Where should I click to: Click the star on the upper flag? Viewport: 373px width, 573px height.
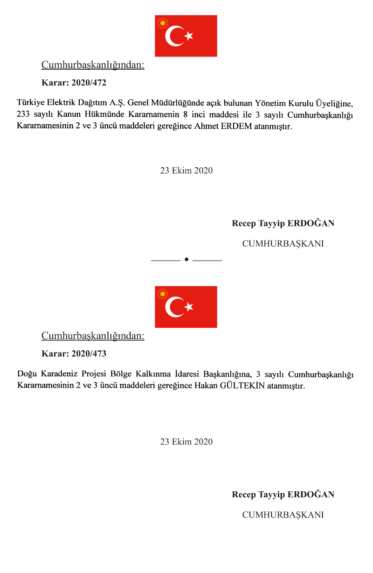click(189, 36)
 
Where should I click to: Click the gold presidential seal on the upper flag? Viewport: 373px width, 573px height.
click(163, 23)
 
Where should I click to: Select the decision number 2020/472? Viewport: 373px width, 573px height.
click(89, 83)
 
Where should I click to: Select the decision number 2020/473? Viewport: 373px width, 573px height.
click(89, 354)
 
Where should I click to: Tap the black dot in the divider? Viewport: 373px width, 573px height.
click(186, 259)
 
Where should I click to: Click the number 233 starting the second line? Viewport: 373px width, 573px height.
click(23, 114)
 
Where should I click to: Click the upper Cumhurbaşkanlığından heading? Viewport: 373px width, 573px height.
click(93, 65)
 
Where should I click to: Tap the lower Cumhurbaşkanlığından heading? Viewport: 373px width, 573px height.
click(93, 336)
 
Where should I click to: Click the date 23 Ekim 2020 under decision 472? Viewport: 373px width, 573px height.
click(186, 170)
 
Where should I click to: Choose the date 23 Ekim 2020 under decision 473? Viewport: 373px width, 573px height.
click(186, 441)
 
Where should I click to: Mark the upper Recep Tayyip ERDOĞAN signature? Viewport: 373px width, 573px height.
click(283, 223)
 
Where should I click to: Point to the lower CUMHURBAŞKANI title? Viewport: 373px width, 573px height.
click(283, 514)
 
